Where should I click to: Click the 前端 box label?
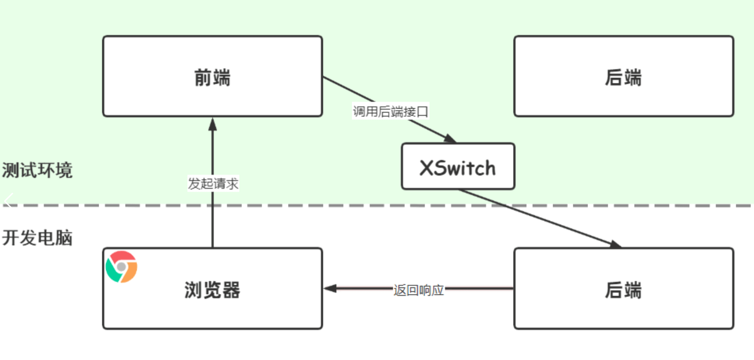pos(212,77)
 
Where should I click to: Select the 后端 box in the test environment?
pos(623,77)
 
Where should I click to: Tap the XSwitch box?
pos(458,167)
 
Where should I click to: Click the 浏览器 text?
pos(212,290)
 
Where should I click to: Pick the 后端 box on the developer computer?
pos(623,289)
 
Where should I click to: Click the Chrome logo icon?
pos(121,267)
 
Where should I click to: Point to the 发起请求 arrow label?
pos(213,183)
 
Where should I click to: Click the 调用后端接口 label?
pos(390,112)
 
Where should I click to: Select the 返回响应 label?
pos(418,290)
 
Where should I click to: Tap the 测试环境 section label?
pos(37,170)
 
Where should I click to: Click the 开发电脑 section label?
pos(37,238)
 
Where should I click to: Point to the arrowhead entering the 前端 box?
pos(213,124)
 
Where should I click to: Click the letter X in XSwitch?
pos(428,168)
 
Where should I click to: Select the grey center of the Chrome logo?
pos(121,267)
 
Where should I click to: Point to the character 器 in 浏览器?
pos(231,290)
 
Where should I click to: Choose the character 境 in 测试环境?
pos(64,170)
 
